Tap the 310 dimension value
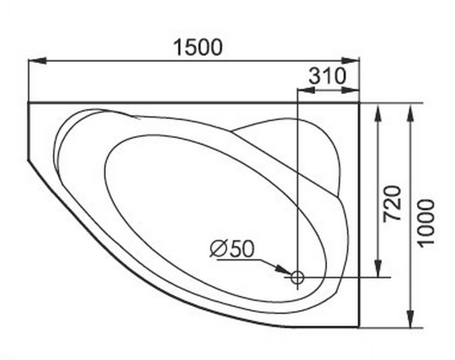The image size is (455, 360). (x=327, y=76)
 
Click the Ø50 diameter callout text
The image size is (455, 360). (x=232, y=249)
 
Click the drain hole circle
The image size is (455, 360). (x=297, y=277)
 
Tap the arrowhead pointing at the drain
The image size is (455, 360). (x=283, y=269)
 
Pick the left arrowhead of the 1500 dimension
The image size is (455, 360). (x=37, y=61)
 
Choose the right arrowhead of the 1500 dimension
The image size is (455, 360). (x=351, y=61)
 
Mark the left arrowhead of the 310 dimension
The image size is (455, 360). (x=306, y=90)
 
